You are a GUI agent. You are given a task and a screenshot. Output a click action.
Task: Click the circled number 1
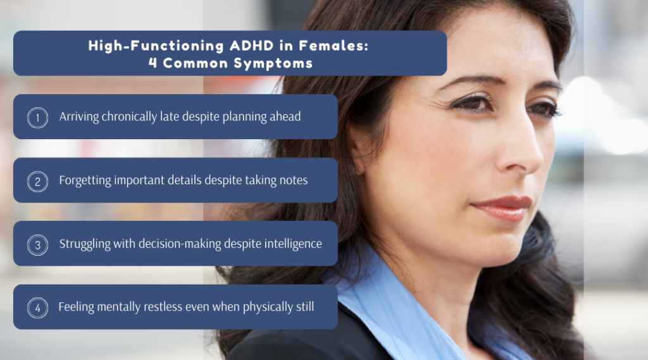pyautogui.click(x=37, y=118)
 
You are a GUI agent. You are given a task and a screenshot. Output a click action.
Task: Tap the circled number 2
pyautogui.click(x=37, y=181)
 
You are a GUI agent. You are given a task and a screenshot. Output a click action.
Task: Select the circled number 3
pyautogui.click(x=37, y=244)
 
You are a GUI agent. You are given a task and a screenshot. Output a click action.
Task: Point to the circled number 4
pyautogui.click(x=37, y=307)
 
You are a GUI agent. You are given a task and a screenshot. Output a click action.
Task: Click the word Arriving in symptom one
pyautogui.click(x=80, y=117)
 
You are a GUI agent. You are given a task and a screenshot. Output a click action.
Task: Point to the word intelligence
pyautogui.click(x=292, y=244)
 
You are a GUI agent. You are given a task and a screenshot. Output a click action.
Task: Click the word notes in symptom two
pyautogui.click(x=293, y=180)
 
